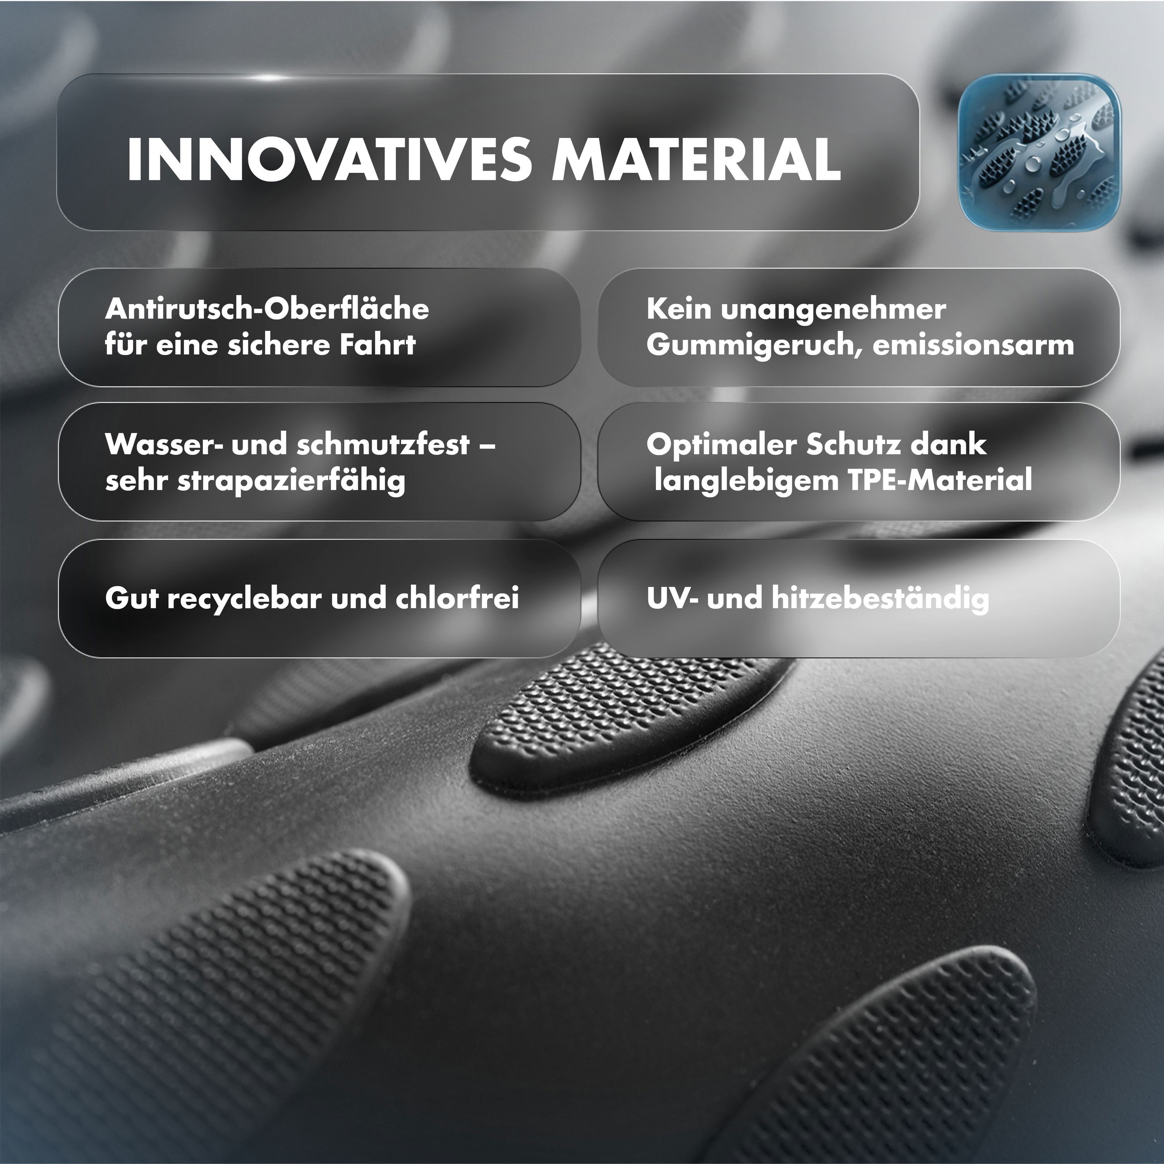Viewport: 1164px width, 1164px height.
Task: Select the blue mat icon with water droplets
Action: pyautogui.click(x=1039, y=152)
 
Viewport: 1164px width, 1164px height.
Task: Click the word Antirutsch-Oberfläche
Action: pyautogui.click(x=267, y=309)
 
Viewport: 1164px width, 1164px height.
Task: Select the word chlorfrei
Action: pyautogui.click(x=457, y=598)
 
